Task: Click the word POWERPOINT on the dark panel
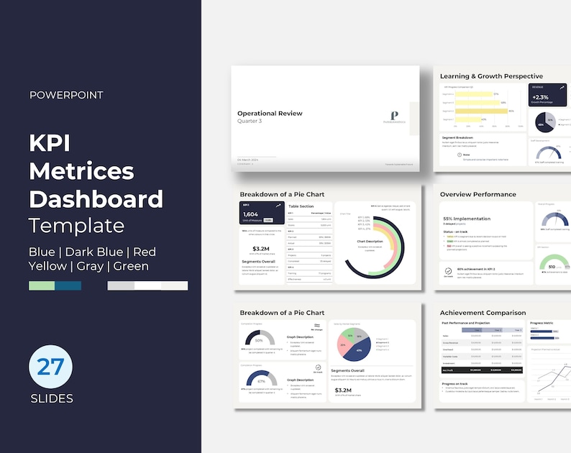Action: coord(66,94)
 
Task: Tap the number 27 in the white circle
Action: coord(51,367)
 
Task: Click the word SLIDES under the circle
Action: coord(51,398)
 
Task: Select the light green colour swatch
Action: coord(42,285)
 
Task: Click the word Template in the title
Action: coord(77,225)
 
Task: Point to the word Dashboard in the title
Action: coord(96,198)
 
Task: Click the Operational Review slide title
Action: coord(270,113)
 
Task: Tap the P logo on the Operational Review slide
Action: coord(393,115)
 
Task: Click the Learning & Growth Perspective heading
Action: coord(491,75)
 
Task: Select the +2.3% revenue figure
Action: coord(540,96)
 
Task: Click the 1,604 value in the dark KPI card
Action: coord(251,214)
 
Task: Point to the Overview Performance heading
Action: coord(478,194)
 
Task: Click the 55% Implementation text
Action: coord(467,218)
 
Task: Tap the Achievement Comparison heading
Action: coord(483,313)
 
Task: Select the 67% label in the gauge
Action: coord(261,381)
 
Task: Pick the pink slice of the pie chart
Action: coord(344,337)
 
